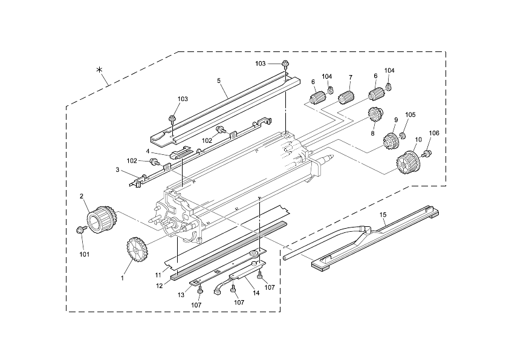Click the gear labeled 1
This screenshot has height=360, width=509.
(x=138, y=249)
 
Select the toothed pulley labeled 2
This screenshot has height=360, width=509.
(x=102, y=219)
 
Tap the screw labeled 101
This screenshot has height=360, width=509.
(x=80, y=229)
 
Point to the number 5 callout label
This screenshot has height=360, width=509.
(x=219, y=80)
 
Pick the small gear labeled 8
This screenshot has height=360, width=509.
(x=376, y=114)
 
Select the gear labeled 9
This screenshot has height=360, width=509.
(x=392, y=142)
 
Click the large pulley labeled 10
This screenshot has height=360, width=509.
(x=409, y=162)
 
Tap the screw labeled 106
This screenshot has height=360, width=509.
(x=427, y=152)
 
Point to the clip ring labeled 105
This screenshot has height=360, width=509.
(x=401, y=136)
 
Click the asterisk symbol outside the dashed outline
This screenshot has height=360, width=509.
(x=100, y=70)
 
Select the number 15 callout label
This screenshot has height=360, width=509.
(x=383, y=215)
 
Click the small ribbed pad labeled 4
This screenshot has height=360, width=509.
(x=182, y=152)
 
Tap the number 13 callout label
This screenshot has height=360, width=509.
(x=181, y=295)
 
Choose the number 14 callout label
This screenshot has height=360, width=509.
(x=256, y=293)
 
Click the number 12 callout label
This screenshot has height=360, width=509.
(x=160, y=286)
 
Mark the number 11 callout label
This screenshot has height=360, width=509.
(x=158, y=275)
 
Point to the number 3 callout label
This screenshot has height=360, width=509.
(x=117, y=169)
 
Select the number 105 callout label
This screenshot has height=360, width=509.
(x=410, y=115)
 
